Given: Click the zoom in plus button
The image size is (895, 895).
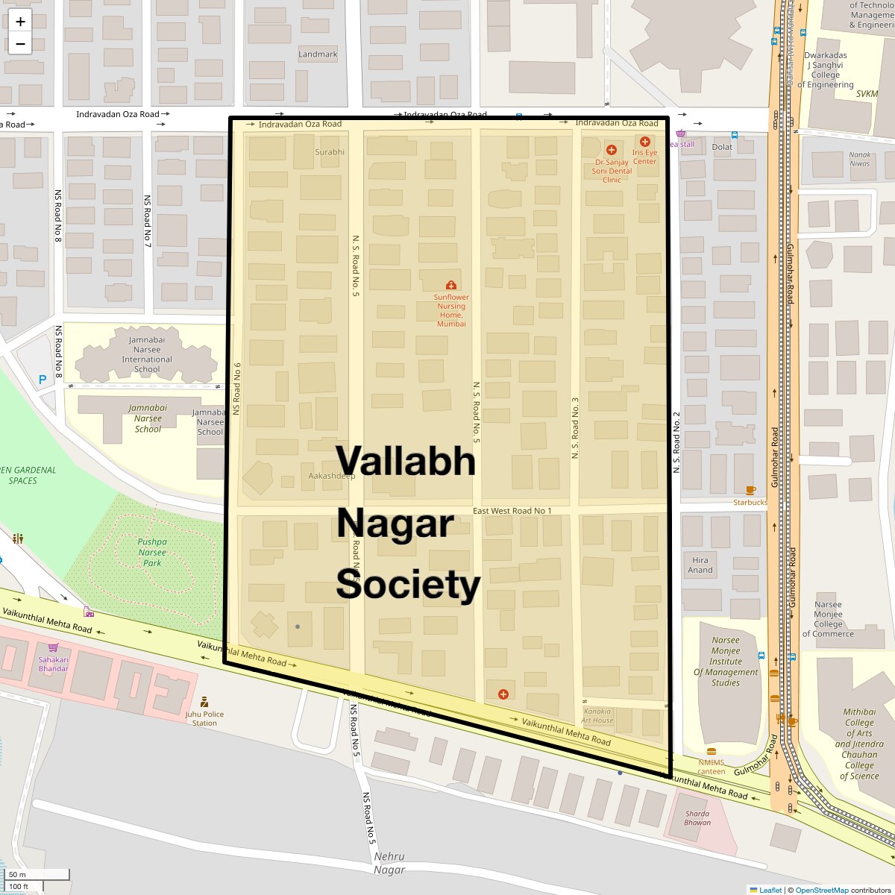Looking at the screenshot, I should coord(20,22).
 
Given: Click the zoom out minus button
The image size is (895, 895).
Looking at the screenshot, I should coord(20,44).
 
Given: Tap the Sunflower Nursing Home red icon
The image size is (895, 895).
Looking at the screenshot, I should coord(450,285).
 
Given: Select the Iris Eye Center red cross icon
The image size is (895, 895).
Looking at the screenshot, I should coord(645,142).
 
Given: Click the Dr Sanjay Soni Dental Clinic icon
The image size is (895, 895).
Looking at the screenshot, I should coord(612,150).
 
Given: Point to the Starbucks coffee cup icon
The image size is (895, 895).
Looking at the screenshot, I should coord(750,490).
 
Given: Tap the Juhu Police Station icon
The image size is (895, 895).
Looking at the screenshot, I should coord(204,702).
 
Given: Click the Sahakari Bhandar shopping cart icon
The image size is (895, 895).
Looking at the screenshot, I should coord(53,647).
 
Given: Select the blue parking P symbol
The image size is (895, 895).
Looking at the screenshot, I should coord(43,380).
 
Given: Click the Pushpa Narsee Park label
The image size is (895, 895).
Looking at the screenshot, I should coord(152,553).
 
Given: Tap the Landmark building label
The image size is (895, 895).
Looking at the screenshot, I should coord(318,54).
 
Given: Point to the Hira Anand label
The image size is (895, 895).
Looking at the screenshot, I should coord(700,565).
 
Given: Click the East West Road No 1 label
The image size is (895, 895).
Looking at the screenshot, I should coord(512,511).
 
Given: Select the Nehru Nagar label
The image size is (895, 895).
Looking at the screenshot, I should coord(389,864).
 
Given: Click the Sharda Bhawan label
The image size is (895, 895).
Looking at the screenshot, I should coord(697,818).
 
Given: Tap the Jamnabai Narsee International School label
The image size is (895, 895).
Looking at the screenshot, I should coord(147,354).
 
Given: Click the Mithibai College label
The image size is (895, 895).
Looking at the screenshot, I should coord(859,744).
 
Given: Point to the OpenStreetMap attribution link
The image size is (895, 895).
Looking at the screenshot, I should coord(821,890).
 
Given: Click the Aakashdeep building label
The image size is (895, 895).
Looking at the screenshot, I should coord(332,476).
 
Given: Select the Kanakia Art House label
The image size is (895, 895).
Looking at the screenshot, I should coord(597,716).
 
